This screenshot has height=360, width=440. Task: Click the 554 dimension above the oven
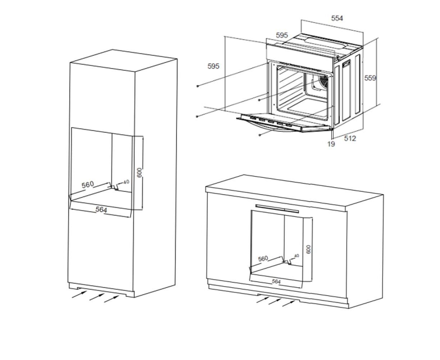[337, 18]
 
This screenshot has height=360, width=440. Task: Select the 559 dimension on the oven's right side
[370, 78]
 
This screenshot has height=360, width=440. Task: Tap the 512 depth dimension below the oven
[350, 138]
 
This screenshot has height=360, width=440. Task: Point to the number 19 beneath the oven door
[331, 144]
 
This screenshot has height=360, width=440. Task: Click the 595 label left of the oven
[213, 66]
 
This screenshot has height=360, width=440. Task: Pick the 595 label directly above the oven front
[282, 35]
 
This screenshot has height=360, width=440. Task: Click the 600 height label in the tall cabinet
[139, 173]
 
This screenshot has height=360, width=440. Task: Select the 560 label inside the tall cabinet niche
[88, 185]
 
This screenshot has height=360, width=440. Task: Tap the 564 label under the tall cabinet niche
[101, 210]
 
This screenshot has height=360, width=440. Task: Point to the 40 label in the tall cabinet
[126, 182]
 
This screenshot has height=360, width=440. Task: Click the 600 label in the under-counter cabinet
[308, 249]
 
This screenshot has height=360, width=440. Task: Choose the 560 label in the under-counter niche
[263, 259]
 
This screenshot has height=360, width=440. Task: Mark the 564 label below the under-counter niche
[276, 282]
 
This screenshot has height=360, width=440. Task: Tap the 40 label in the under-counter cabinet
[296, 256]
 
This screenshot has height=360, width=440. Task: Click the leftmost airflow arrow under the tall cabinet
[80, 294]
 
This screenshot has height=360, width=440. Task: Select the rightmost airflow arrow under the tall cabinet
[112, 299]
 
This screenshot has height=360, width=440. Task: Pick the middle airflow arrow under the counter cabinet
[275, 301]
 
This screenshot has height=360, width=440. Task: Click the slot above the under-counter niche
[277, 208]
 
